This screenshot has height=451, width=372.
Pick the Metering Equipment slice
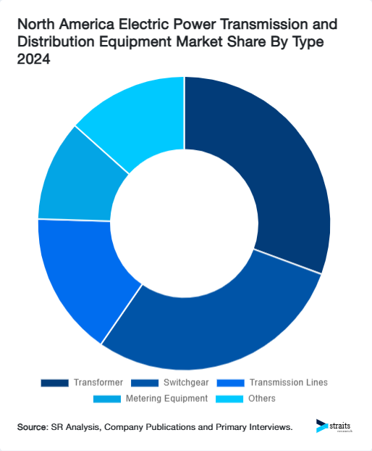click(72, 181)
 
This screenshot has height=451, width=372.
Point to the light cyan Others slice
click(134, 116)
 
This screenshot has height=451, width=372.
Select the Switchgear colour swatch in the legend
click(145, 382)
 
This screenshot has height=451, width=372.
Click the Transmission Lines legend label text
click(288, 382)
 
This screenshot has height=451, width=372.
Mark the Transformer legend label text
click(98, 382)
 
